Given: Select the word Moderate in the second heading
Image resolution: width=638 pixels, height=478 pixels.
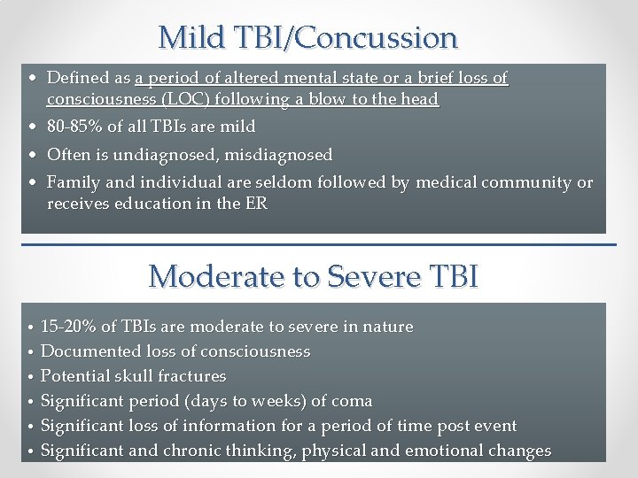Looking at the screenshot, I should [212, 276].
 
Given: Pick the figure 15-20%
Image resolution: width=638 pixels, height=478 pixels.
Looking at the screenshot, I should [68, 327].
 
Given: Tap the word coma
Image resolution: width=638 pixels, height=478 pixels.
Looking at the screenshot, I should [353, 401].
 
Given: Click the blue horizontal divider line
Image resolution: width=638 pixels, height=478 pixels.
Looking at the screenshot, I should [319, 244].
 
